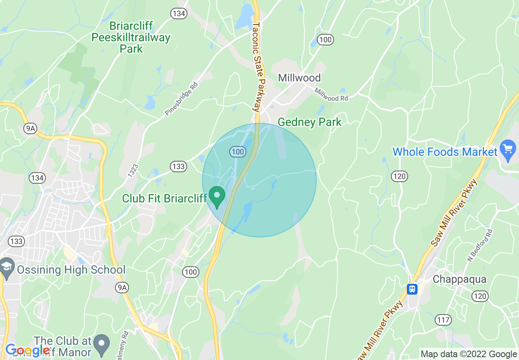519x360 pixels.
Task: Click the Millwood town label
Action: (x=299, y=78)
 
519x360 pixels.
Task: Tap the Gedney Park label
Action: (x=309, y=122)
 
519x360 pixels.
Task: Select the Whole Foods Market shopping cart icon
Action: (x=508, y=151)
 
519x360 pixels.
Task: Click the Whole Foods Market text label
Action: (x=445, y=152)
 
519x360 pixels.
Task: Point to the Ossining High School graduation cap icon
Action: (x=7, y=266)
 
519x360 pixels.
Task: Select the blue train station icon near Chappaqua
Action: (x=412, y=289)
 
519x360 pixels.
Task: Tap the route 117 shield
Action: (x=443, y=320)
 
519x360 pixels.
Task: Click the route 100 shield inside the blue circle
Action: (x=237, y=152)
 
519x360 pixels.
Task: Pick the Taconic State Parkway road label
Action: (x=257, y=67)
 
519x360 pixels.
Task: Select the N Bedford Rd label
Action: (x=480, y=245)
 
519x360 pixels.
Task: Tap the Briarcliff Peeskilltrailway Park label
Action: (x=131, y=38)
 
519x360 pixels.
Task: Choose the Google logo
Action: (x=27, y=350)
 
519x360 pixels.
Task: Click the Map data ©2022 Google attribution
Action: (x=469, y=354)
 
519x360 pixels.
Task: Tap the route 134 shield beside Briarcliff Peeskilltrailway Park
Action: (x=179, y=13)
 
